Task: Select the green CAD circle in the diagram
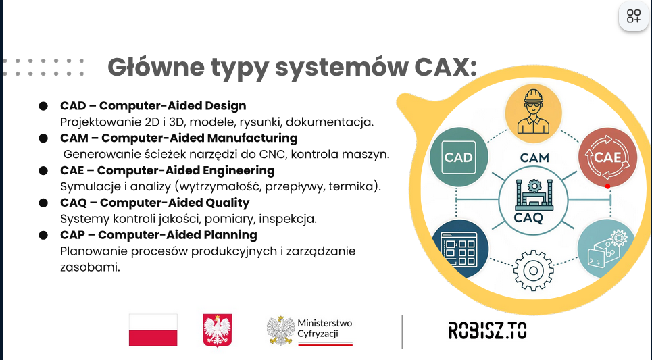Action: click(x=459, y=157)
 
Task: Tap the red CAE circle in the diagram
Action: click(x=607, y=157)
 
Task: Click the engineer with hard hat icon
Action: click(x=534, y=113)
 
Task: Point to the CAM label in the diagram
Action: click(x=534, y=158)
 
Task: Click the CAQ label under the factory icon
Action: click(x=528, y=217)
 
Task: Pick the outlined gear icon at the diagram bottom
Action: click(x=534, y=271)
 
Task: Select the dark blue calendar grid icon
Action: click(x=459, y=249)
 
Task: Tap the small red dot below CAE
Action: click(x=607, y=186)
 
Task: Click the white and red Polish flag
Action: click(x=153, y=330)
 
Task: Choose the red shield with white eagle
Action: click(x=217, y=330)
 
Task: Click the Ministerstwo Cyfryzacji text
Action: click(x=324, y=328)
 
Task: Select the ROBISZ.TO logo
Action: click(x=487, y=330)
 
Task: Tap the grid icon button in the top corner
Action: click(x=634, y=17)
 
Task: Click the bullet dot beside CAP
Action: click(x=43, y=235)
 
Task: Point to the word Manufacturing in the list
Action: click(x=252, y=138)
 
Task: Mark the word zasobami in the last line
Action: click(x=90, y=267)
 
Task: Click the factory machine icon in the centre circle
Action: click(x=534, y=195)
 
